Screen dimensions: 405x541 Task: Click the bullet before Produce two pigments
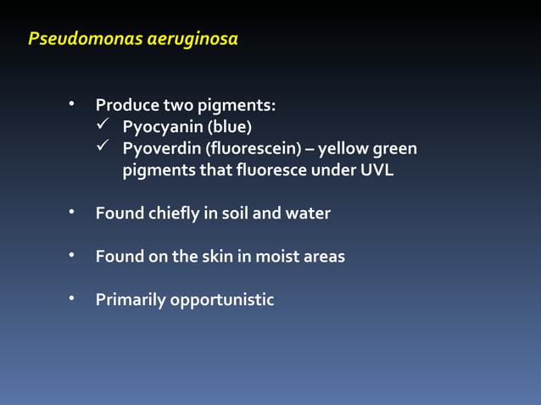click(x=74, y=105)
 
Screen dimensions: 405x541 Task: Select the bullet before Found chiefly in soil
click(x=74, y=212)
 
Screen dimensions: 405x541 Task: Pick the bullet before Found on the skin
click(x=74, y=255)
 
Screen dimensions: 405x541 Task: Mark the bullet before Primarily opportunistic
click(x=74, y=299)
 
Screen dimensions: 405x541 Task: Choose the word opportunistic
click(x=222, y=300)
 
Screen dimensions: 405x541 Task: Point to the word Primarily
click(x=131, y=300)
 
